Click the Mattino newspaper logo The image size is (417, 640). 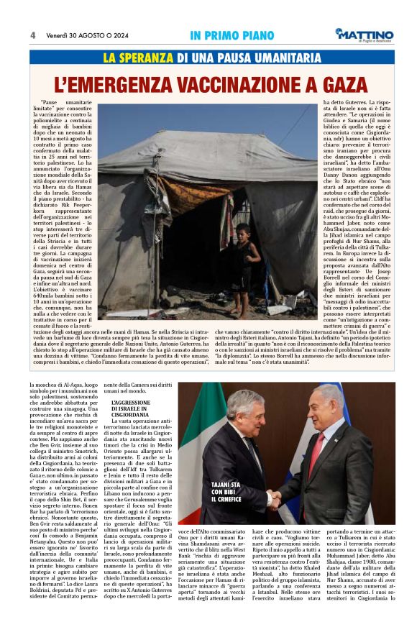[x=364, y=35]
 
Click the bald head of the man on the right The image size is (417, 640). [x=330, y=394]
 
